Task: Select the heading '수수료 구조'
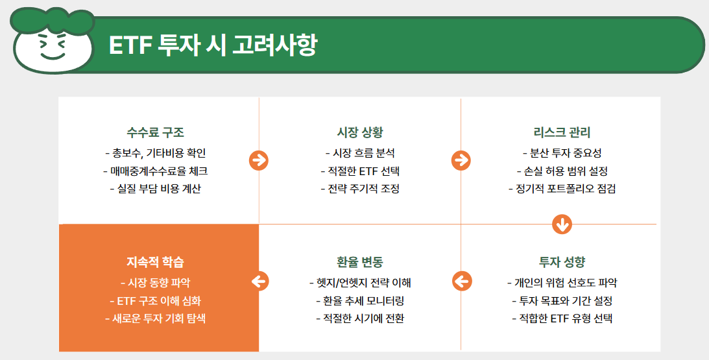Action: point(156,132)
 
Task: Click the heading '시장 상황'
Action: point(360,132)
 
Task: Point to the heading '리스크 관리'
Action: point(562,132)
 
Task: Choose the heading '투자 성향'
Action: point(562,262)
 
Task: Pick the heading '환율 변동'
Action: point(360,262)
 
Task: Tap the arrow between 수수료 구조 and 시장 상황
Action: point(259,160)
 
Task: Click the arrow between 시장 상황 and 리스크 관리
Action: point(461,160)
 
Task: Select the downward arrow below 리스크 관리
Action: point(562,224)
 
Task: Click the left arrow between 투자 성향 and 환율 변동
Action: point(461,281)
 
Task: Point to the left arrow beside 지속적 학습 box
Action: point(259,281)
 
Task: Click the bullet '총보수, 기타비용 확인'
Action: point(156,153)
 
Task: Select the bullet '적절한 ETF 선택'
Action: point(360,171)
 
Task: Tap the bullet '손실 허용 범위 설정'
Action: point(562,171)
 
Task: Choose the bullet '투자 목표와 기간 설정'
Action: point(562,301)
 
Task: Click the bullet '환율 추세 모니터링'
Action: point(360,301)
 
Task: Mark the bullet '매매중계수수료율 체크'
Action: point(156,171)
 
